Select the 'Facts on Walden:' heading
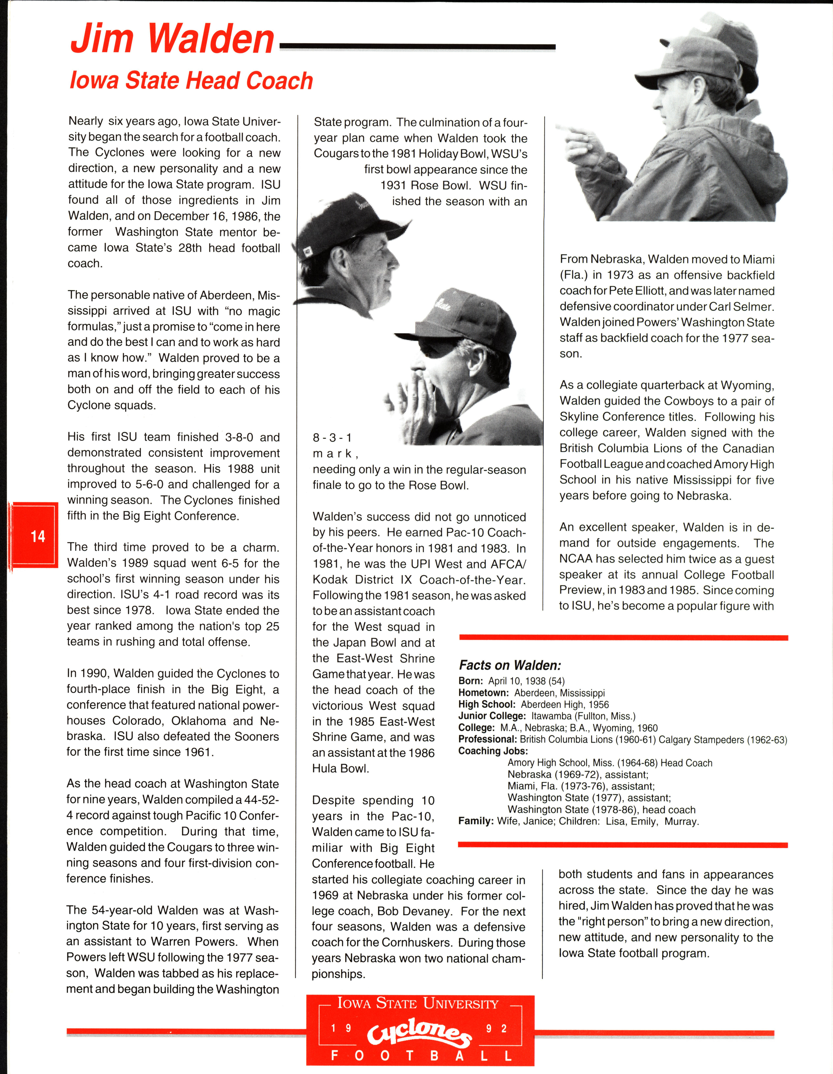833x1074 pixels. tap(510, 665)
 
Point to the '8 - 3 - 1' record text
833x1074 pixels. tap(332, 438)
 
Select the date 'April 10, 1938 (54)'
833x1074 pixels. tap(527, 681)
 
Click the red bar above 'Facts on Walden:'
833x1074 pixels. tap(623, 638)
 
